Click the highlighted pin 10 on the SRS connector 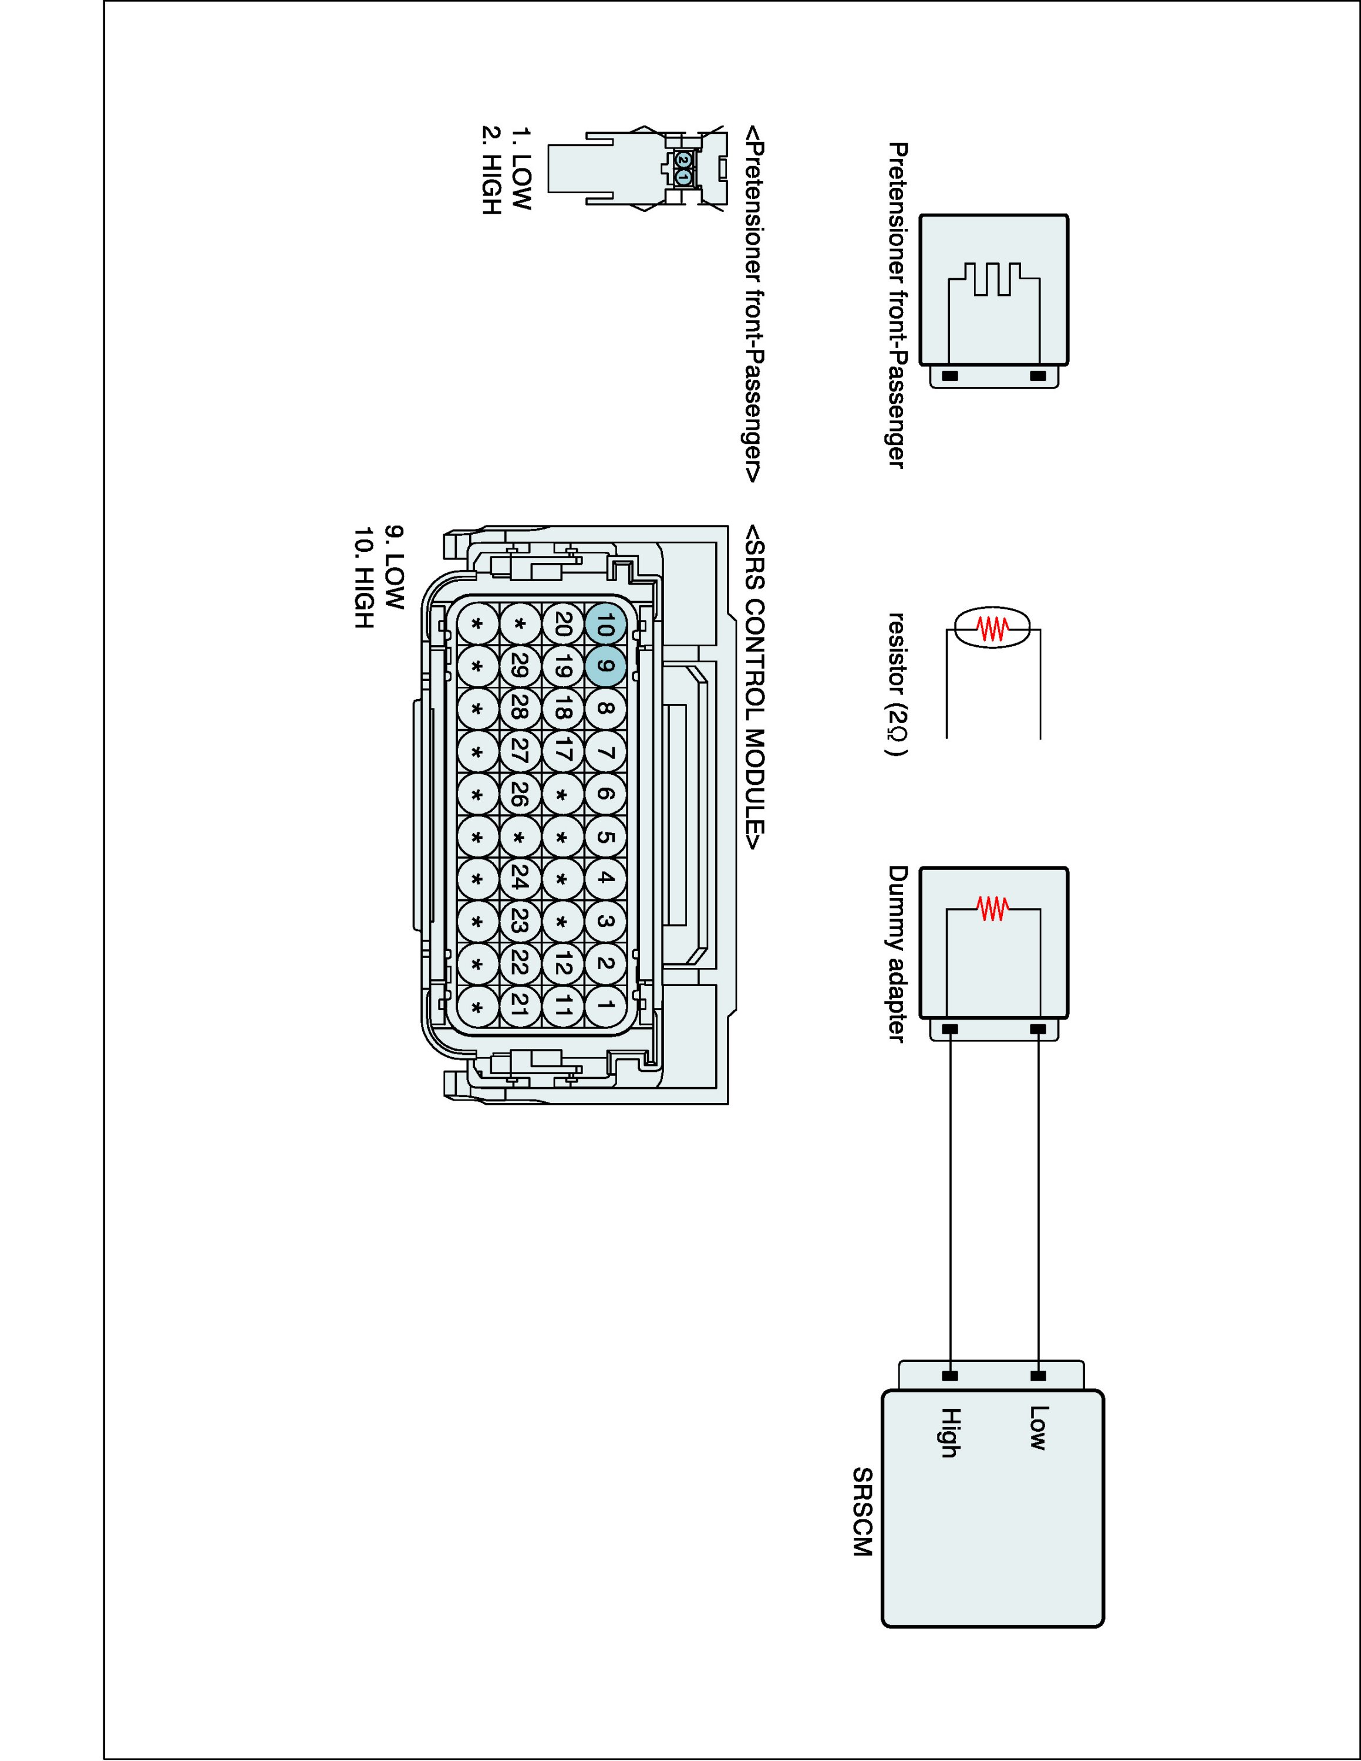(605, 624)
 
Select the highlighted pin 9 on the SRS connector (605, 667)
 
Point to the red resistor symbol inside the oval (993, 628)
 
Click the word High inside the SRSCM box (950, 1433)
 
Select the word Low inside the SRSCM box (1037, 1428)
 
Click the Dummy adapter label (897, 954)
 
